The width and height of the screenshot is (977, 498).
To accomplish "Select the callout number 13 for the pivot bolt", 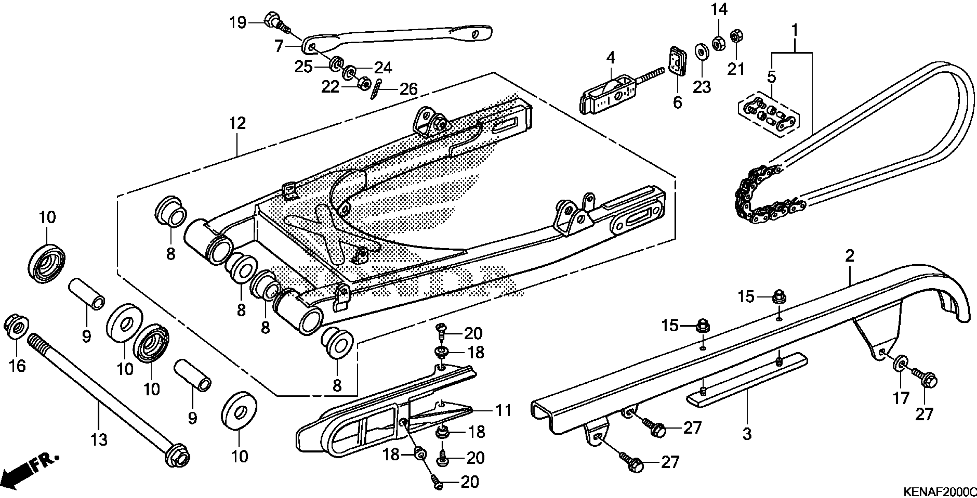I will point(99,440).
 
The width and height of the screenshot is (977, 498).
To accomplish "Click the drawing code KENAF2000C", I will point(939,491).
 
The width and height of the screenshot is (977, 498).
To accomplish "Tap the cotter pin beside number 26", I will point(375,89).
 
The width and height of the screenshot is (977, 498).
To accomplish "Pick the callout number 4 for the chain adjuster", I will point(610,58).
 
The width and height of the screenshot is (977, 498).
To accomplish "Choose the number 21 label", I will point(736,69).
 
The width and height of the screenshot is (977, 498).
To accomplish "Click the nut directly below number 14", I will point(718,44).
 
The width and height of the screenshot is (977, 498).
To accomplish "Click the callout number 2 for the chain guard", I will point(849,256).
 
